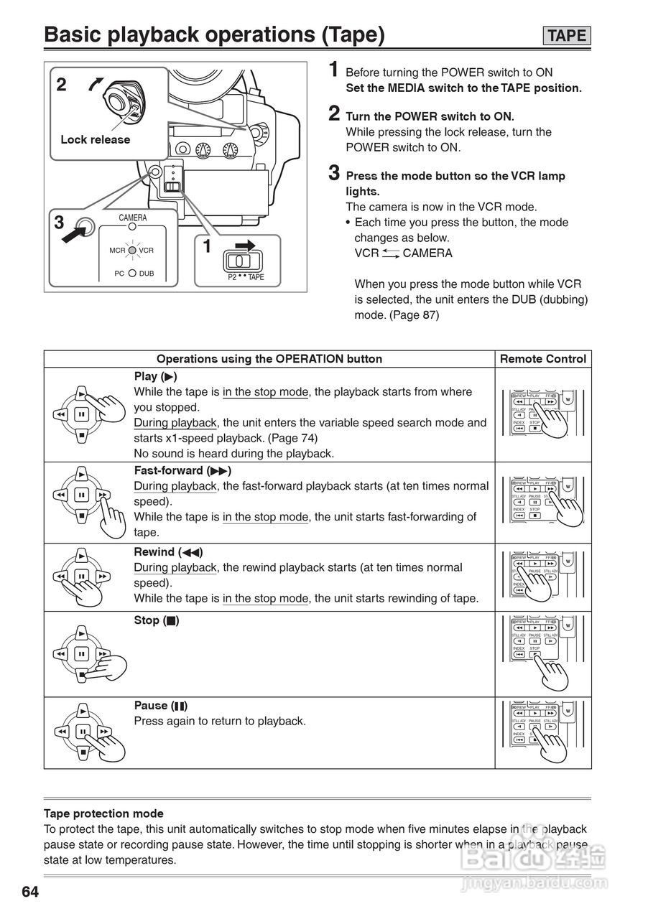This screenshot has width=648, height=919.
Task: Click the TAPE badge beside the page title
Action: coord(567,35)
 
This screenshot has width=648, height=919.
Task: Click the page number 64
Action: coord(29,892)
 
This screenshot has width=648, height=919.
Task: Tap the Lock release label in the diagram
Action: coord(95,140)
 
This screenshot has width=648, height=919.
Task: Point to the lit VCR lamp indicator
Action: coord(132,250)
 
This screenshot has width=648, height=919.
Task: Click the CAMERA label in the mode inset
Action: coord(132,218)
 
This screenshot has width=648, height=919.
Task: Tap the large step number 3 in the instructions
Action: coord(334,173)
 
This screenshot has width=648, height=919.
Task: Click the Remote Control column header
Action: coord(542,359)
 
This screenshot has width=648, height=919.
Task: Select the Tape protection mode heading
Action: coord(103,813)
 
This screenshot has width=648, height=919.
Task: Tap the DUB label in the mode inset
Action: coord(147,274)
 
